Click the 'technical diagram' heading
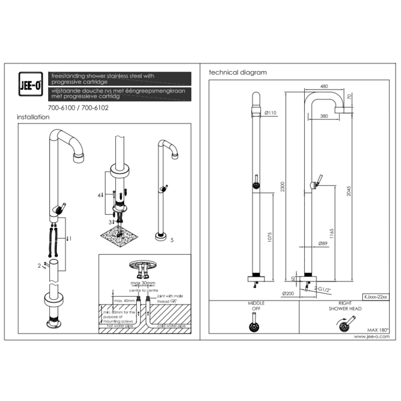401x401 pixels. (238, 72)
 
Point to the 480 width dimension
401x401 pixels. (324, 86)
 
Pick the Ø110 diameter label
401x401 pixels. (270, 113)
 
